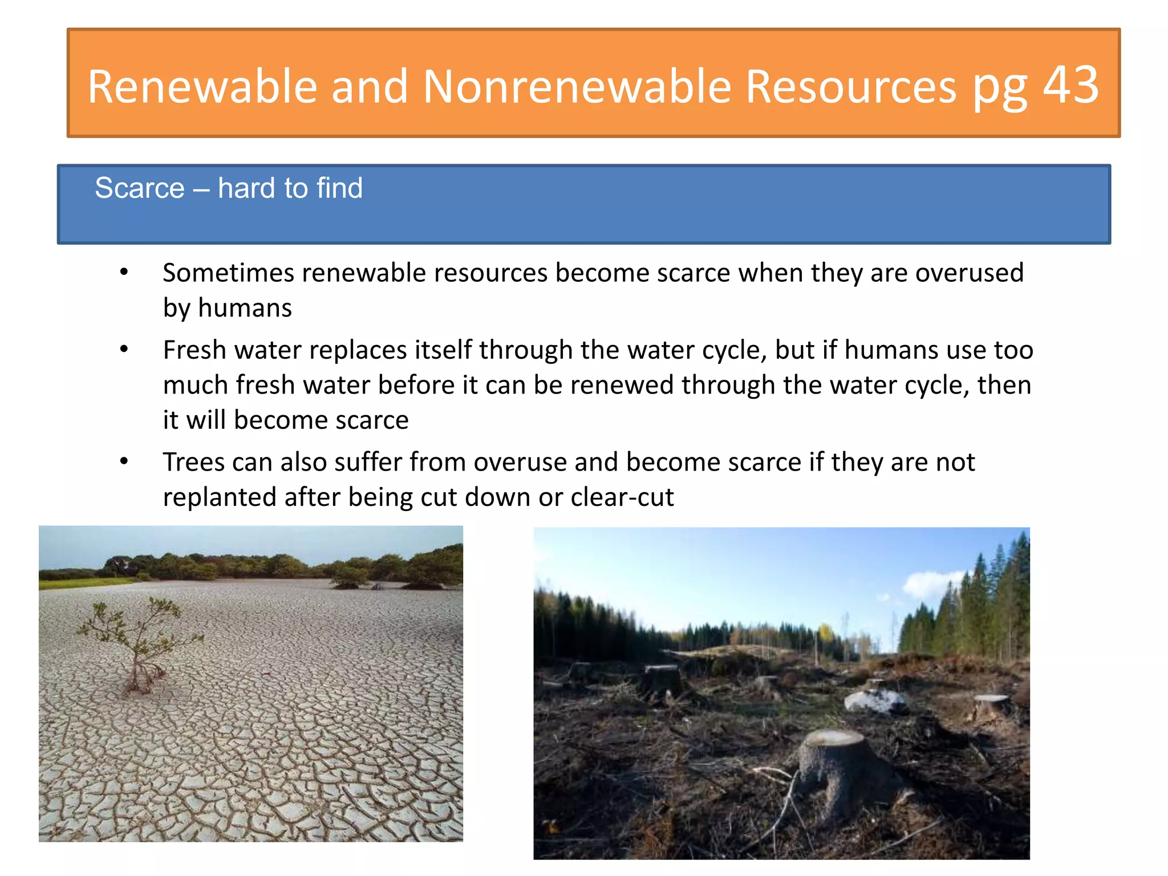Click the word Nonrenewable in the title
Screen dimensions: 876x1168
pos(576,87)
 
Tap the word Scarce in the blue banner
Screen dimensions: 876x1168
pos(140,188)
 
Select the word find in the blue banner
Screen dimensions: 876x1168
pos(339,188)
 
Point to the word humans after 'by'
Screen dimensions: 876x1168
pos(245,309)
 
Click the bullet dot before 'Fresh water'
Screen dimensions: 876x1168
pos(124,350)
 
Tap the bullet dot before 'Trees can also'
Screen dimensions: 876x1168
pos(124,461)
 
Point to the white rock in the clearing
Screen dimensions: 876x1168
pos(873,699)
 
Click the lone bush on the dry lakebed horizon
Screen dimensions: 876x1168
pos(349,577)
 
